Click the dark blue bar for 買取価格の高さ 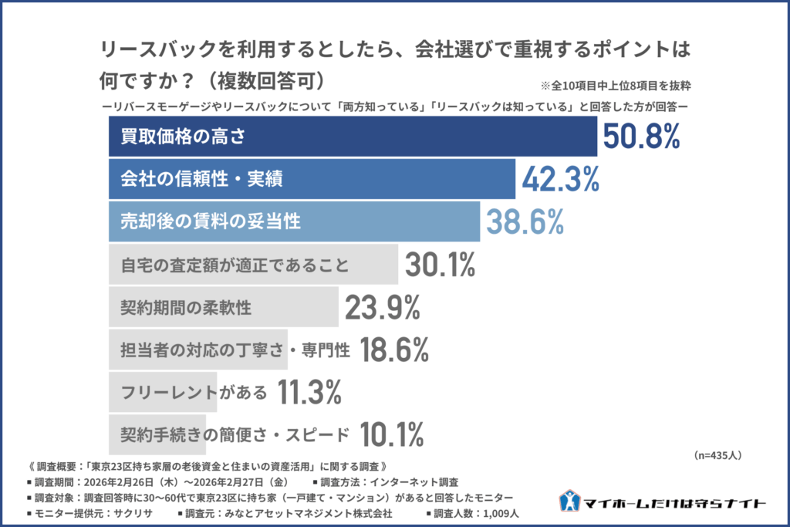(x=350, y=137)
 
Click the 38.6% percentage (x=525, y=222)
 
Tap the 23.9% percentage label (x=382, y=308)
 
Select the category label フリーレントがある (x=194, y=393)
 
